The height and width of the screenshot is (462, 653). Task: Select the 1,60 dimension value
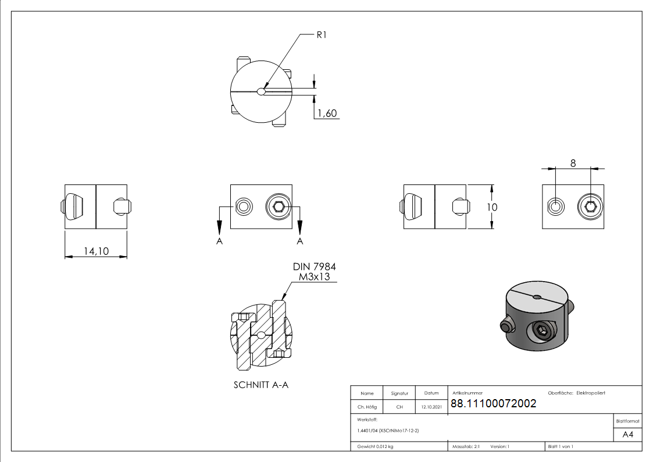tap(327, 113)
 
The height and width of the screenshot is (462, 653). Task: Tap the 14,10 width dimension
tap(95, 251)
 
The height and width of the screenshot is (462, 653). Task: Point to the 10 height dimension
tap(493, 207)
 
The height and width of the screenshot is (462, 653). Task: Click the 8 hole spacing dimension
tap(573, 164)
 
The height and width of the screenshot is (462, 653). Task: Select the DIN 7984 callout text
tap(315, 266)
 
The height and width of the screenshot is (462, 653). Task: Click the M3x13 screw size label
tap(314, 277)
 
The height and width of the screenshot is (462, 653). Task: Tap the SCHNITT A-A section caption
tap(261, 385)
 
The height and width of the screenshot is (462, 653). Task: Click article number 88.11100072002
tap(493, 404)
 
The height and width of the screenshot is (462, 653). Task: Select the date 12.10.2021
tap(431, 407)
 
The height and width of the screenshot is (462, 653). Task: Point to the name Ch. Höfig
tap(367, 407)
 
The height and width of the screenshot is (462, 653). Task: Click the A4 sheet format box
tap(627, 435)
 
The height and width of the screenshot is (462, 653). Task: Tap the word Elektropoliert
tap(591, 393)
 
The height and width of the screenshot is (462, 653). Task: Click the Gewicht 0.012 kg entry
tap(375, 446)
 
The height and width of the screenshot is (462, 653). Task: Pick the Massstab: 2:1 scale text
tap(466, 446)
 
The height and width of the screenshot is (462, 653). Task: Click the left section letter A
tap(219, 241)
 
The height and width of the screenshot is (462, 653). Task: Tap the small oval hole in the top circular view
tap(262, 91)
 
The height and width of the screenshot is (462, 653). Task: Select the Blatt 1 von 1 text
tap(561, 446)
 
